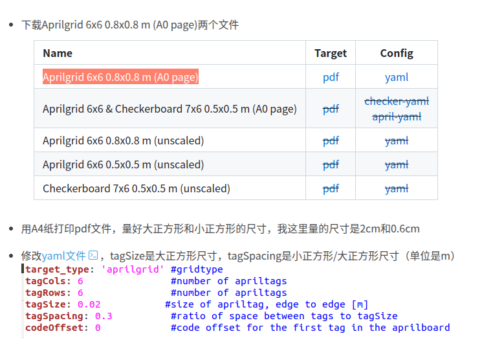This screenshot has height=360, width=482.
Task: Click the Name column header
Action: tap(58, 53)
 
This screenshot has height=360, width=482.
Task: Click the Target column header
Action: tap(331, 53)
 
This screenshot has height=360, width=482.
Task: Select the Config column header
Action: tap(397, 53)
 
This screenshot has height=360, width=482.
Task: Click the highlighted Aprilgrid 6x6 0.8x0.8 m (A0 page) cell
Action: tap(120, 77)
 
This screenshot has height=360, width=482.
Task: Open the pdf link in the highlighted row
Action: tap(331, 77)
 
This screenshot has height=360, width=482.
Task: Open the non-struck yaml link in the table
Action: tap(397, 77)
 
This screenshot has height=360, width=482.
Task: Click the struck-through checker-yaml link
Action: tap(397, 101)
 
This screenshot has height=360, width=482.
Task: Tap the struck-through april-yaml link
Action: tap(397, 117)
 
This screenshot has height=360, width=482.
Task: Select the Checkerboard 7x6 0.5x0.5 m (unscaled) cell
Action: tap(136, 188)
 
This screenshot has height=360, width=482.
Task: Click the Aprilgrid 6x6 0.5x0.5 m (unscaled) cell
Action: tap(123, 164)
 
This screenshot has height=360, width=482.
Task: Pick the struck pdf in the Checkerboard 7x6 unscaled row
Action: tap(331, 188)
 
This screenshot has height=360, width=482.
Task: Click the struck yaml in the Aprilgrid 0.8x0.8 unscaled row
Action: tap(397, 141)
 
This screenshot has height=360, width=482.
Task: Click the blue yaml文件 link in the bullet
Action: tap(64, 256)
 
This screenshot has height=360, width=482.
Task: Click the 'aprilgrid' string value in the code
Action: tap(130, 269)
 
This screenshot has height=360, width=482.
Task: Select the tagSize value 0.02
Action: tap(89, 304)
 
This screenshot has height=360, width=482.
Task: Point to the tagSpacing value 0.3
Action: tap(104, 316)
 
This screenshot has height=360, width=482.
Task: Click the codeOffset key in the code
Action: tap(54, 328)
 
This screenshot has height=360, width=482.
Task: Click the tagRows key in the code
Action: tap(49, 293)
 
